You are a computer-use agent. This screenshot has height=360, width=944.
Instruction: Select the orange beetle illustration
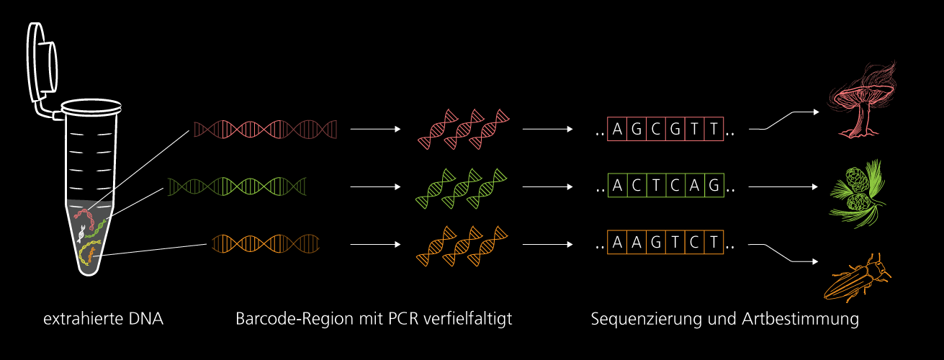pos(858,278)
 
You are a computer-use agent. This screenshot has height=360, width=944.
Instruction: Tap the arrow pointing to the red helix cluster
pos(374,130)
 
